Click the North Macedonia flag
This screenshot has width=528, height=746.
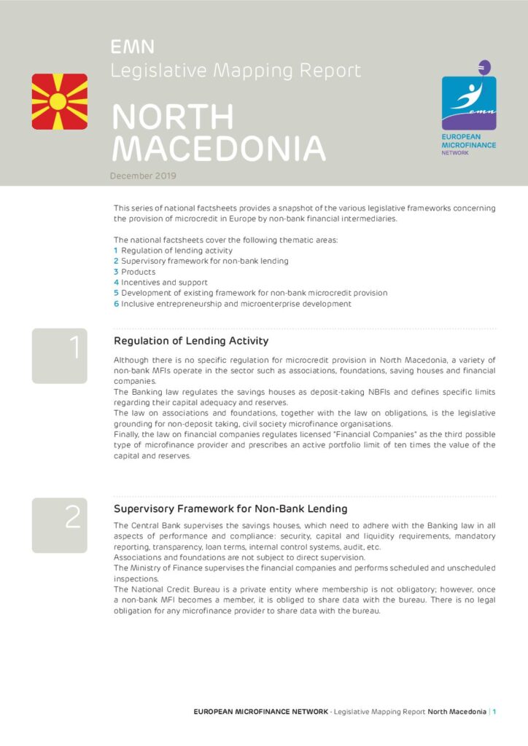click(x=60, y=101)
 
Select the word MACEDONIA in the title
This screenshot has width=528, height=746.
click(x=218, y=149)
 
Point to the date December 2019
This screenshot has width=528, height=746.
click(x=143, y=176)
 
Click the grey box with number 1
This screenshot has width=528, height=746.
click(x=60, y=356)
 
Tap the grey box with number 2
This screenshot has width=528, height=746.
click(x=60, y=525)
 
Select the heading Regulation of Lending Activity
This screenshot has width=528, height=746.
click(x=191, y=341)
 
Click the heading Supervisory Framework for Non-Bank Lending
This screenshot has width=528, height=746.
click(x=230, y=509)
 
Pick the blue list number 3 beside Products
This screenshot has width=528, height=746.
click(x=116, y=272)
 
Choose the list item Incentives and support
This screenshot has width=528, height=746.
click(x=164, y=282)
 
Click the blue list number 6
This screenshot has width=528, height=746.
click(x=116, y=304)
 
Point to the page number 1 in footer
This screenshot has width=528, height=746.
click(x=494, y=712)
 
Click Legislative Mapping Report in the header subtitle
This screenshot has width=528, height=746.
click(x=236, y=71)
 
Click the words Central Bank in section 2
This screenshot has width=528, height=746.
click(x=156, y=525)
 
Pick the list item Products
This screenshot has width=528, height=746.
click(x=138, y=272)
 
